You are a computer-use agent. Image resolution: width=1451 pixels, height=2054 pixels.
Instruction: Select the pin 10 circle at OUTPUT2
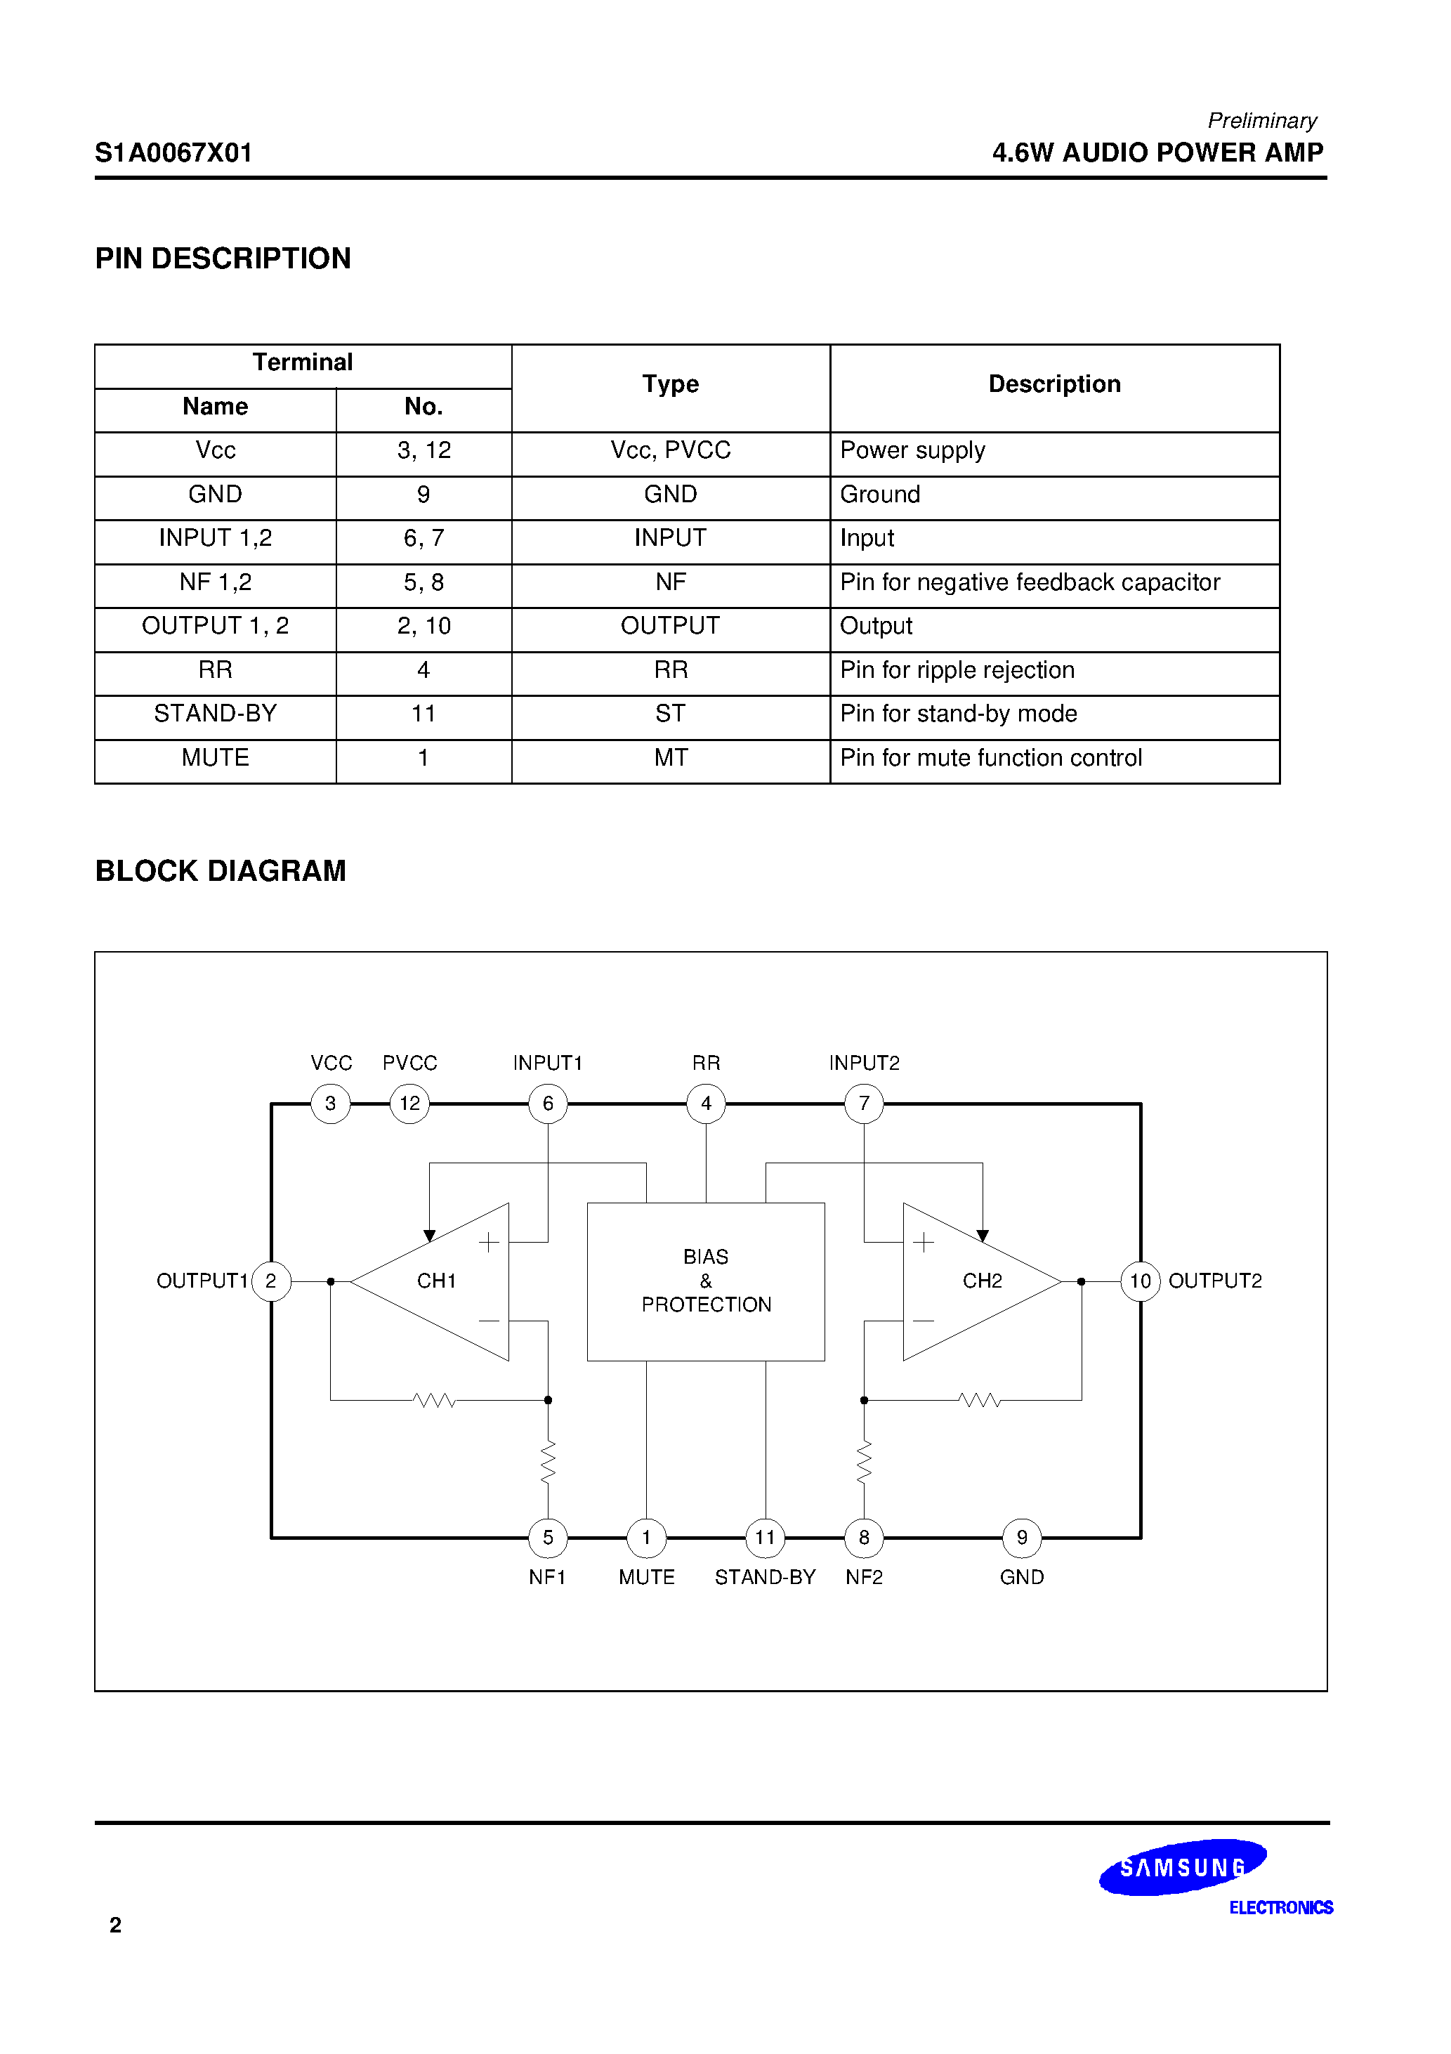[x=1140, y=1281]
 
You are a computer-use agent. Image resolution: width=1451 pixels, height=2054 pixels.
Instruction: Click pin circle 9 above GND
[x=1022, y=1538]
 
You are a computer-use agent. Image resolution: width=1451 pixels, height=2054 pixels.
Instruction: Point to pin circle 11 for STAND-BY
[x=765, y=1538]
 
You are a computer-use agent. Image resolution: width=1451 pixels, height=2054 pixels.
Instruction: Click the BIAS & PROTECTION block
[x=706, y=1281]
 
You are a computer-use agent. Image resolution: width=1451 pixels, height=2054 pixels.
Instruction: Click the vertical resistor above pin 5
[x=549, y=1463]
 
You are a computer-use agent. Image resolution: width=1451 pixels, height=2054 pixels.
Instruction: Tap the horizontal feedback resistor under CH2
[x=980, y=1400]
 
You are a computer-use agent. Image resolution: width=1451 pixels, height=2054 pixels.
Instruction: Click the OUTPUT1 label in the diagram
[x=202, y=1281]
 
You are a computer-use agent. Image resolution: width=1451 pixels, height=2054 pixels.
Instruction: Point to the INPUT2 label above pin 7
[x=864, y=1063]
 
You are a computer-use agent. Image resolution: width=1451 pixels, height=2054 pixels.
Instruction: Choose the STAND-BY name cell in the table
[x=216, y=714]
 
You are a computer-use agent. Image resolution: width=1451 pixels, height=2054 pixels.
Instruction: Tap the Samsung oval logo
[x=1183, y=1867]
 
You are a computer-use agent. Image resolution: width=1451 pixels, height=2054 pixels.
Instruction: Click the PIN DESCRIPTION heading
[x=223, y=259]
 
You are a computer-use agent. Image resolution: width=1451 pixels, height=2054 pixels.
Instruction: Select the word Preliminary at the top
[x=1261, y=121]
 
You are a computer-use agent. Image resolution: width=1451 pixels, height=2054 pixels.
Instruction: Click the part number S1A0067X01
[x=173, y=153]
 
